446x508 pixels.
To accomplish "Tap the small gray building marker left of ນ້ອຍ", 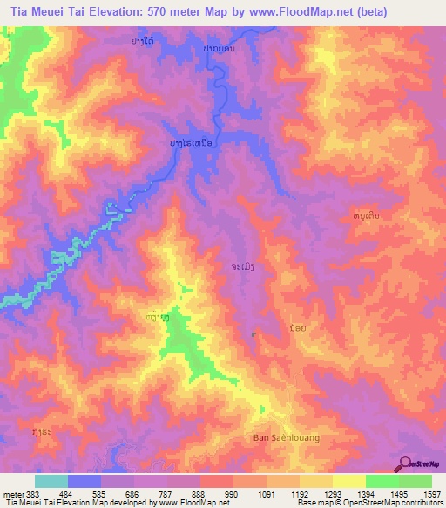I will tap(254, 333).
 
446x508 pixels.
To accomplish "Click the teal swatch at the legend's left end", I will tap(51, 481).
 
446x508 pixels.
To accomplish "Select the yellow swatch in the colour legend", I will tap(348, 481).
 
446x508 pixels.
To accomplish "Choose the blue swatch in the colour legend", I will tap(84, 481).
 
